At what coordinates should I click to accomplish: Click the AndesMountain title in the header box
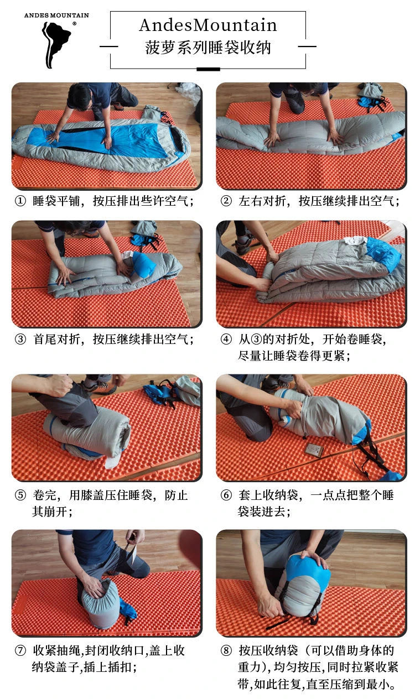click(207, 25)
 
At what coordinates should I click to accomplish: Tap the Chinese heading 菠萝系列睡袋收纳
click(207, 47)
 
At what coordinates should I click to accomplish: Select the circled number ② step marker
click(226, 201)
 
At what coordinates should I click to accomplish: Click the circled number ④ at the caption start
click(226, 339)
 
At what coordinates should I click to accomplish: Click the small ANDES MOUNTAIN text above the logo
click(56, 15)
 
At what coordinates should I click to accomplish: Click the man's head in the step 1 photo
click(80, 95)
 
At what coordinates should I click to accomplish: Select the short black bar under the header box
click(207, 69)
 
